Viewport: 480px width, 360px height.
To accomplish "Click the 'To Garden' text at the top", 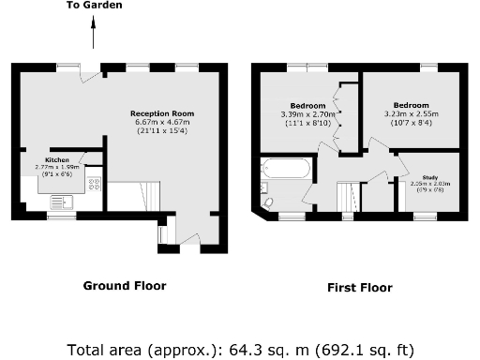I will tap(93, 6).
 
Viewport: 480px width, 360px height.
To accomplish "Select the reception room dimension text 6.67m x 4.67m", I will tap(162, 123).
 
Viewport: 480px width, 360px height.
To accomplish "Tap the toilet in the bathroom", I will tap(267, 202).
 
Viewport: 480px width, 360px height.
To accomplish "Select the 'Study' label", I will tap(430, 176).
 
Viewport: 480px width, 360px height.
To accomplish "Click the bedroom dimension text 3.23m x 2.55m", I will tap(412, 113).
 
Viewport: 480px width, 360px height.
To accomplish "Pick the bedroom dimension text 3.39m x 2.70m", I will tap(308, 113).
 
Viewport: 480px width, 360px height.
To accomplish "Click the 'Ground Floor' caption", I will tap(125, 285).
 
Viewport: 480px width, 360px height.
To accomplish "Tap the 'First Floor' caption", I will tap(359, 288).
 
